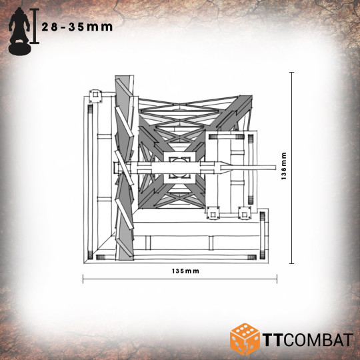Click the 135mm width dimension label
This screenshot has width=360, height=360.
(x=185, y=271)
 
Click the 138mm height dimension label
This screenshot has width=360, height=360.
(x=284, y=166)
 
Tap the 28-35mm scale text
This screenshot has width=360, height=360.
(x=77, y=27)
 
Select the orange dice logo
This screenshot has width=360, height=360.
(x=245, y=339)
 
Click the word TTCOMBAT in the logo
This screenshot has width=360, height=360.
(x=308, y=340)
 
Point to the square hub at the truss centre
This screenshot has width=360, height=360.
(x=179, y=167)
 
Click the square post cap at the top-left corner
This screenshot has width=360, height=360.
(x=95, y=96)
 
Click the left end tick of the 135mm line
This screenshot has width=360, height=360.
(x=83, y=279)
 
